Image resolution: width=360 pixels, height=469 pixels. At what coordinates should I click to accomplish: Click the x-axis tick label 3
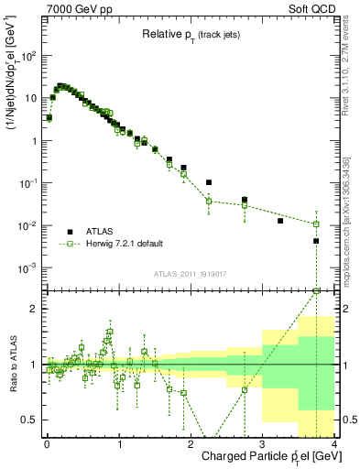pos(262,445)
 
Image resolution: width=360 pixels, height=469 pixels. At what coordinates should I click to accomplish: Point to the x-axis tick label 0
pos(47,445)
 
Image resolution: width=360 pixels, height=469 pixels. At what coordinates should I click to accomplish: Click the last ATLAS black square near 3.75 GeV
pos(316,241)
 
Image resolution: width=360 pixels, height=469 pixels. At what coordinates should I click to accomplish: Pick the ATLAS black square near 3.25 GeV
pos(280,221)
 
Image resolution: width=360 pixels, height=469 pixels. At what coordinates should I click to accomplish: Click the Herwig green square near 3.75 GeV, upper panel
pos(316,224)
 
